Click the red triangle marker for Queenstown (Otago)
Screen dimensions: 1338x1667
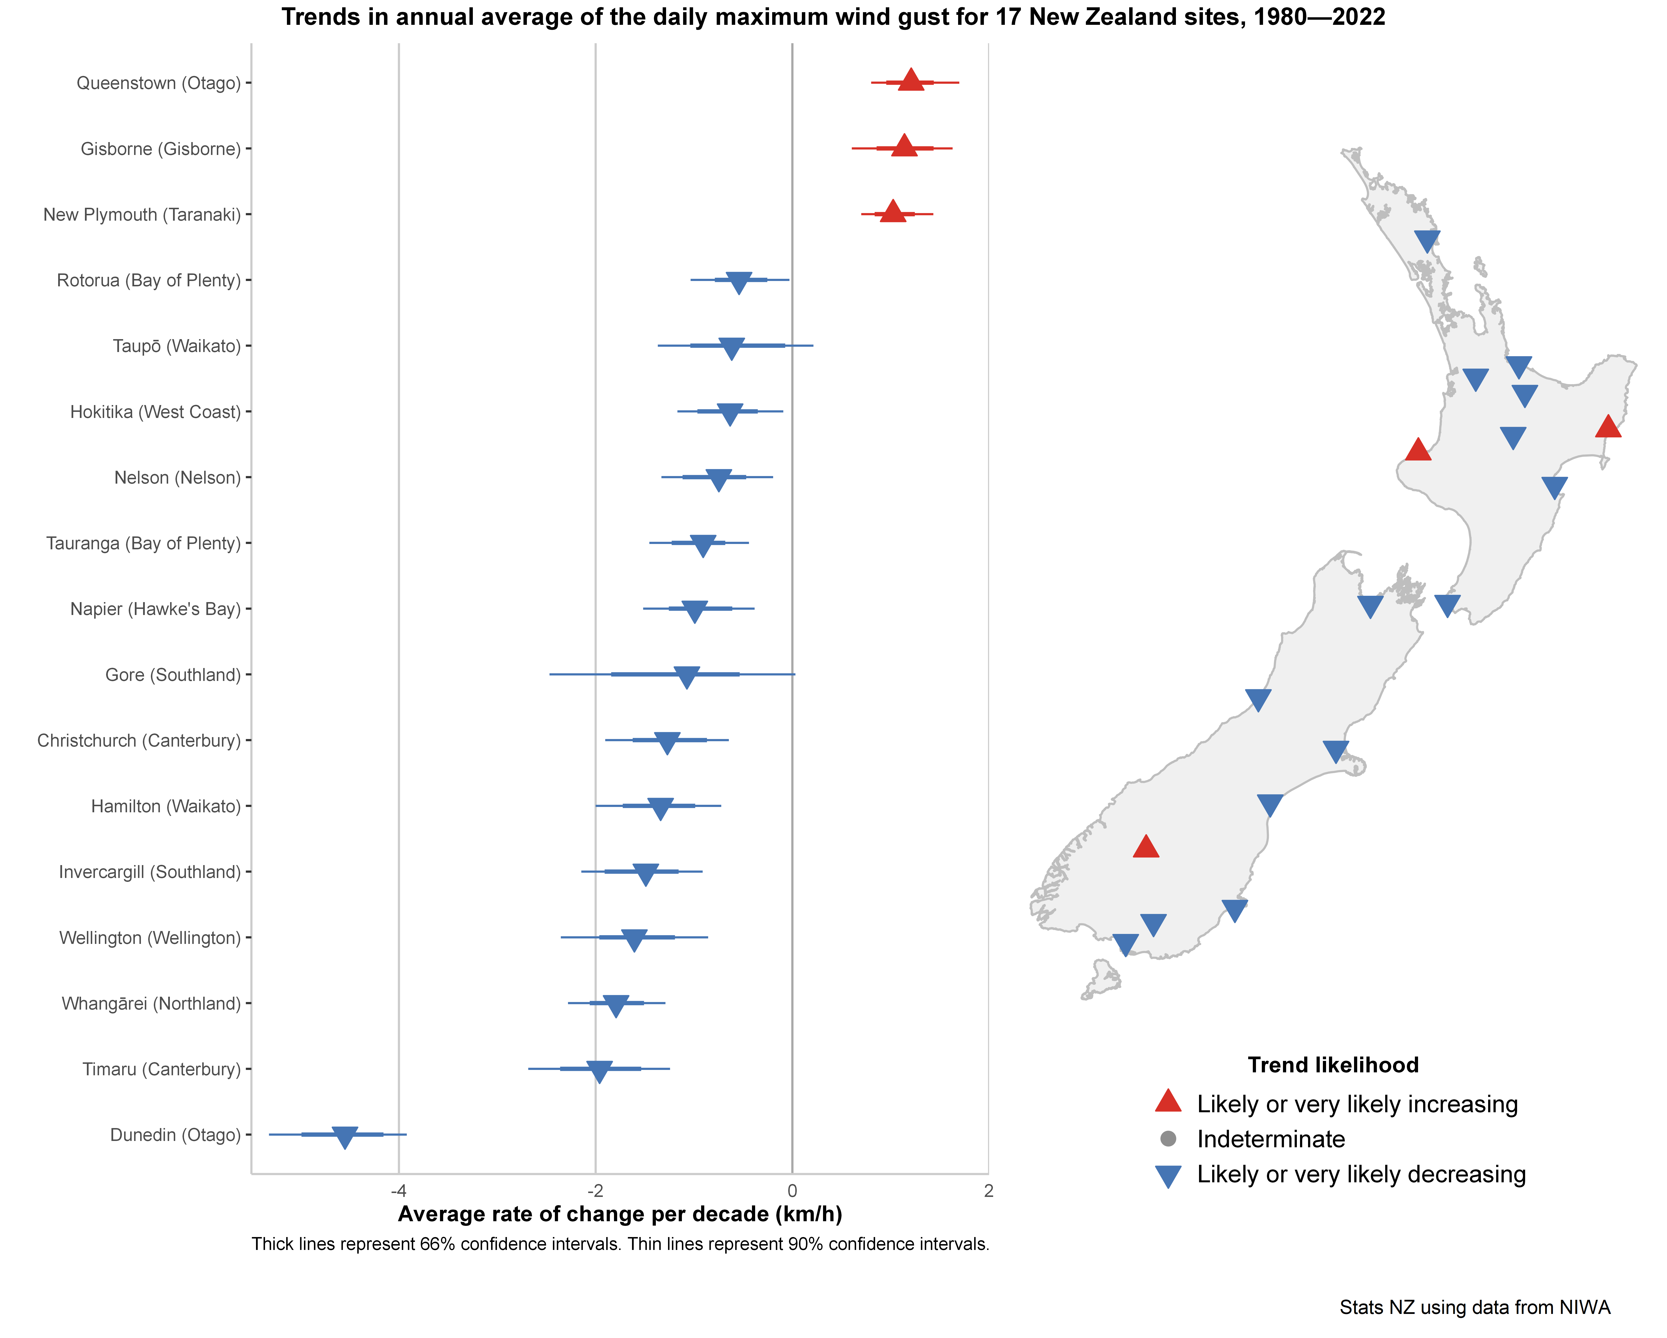(x=911, y=80)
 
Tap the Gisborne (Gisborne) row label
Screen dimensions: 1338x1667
(x=161, y=148)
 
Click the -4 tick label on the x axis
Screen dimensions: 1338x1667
(x=398, y=1191)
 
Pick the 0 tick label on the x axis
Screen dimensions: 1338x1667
(x=792, y=1191)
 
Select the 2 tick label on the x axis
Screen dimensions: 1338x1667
(x=988, y=1191)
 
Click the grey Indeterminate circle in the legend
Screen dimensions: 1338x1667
(x=1168, y=1139)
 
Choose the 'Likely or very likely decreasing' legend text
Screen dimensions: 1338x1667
(x=1361, y=1174)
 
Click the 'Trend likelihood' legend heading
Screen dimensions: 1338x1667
(x=1333, y=1065)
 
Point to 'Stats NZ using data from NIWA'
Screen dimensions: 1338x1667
(x=1475, y=1307)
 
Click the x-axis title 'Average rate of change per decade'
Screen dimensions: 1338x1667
(x=619, y=1214)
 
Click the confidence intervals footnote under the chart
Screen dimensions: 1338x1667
(x=620, y=1244)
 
